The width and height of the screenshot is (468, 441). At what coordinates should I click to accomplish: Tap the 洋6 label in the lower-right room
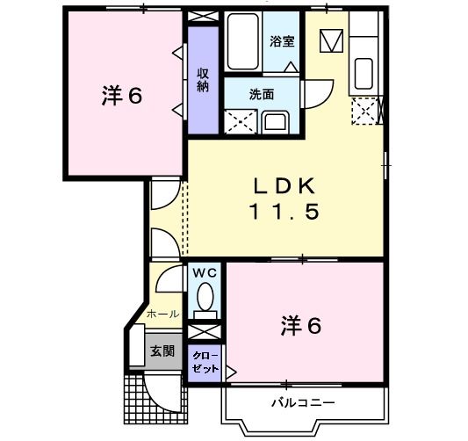(301, 325)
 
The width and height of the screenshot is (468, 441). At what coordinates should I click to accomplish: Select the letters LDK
(283, 186)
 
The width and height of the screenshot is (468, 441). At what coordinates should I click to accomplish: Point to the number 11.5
(282, 212)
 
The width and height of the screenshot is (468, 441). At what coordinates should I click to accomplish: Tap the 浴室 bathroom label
(281, 40)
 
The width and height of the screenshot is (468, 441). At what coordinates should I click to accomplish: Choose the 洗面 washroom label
(262, 94)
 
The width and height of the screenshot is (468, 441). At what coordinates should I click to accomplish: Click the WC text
(204, 273)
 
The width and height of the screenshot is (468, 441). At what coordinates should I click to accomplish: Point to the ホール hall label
(162, 314)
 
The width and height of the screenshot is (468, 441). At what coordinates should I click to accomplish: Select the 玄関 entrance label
(162, 351)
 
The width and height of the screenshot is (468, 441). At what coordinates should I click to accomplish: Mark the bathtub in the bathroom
(242, 41)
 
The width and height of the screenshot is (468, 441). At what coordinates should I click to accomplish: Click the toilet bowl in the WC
(205, 298)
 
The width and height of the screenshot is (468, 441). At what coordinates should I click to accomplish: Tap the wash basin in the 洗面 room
(275, 120)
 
